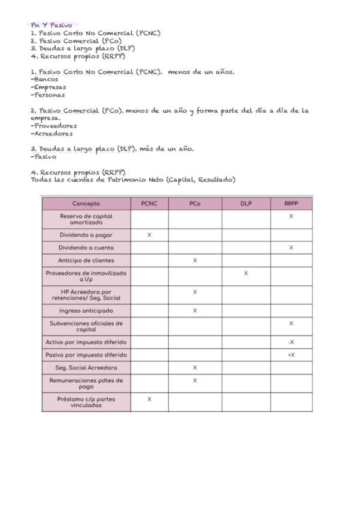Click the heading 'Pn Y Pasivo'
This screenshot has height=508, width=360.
click(52, 25)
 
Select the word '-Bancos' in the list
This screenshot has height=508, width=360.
click(45, 79)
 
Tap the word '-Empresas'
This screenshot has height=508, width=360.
click(49, 87)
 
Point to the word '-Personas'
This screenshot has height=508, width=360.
click(48, 95)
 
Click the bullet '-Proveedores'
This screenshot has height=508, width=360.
click(54, 126)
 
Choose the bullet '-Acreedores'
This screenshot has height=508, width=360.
click(52, 134)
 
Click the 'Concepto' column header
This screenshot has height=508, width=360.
click(86, 204)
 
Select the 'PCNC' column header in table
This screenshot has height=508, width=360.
click(149, 204)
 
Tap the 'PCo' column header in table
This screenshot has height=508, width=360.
click(195, 204)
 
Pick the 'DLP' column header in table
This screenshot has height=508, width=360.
click(246, 204)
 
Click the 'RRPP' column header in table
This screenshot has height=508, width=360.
click(291, 204)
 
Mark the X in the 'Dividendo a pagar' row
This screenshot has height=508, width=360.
click(149, 235)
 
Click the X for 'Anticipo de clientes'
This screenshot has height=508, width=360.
click(195, 261)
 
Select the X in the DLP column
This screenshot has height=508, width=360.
click(246, 273)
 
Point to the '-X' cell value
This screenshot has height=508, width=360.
click(291, 342)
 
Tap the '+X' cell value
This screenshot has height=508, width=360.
click(291, 355)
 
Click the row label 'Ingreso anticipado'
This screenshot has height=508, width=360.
click(86, 311)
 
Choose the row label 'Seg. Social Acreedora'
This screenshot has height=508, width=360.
click(86, 367)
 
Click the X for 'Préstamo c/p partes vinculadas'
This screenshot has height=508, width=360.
click(149, 399)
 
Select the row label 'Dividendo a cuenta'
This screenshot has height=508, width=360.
click(86, 247)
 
